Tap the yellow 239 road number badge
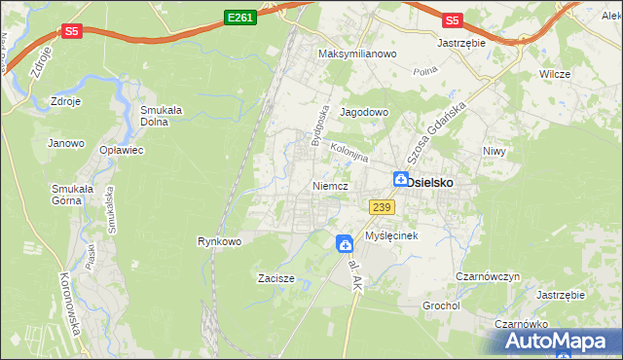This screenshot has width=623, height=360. [x=381, y=206]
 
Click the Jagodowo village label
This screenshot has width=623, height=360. [x=364, y=112]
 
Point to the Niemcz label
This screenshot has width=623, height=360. [x=330, y=185]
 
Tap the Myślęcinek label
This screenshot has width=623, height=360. [x=391, y=236]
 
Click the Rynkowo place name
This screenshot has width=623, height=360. [x=219, y=240]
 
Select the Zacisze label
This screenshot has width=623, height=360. [x=275, y=277]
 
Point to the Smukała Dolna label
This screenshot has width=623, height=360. [x=163, y=116]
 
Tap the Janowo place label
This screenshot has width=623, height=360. [x=65, y=143]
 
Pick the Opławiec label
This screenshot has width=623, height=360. [x=122, y=151]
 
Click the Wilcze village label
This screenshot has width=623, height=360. [x=555, y=74]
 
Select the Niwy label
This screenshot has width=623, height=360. [x=495, y=151]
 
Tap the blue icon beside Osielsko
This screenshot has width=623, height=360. [x=400, y=179]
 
